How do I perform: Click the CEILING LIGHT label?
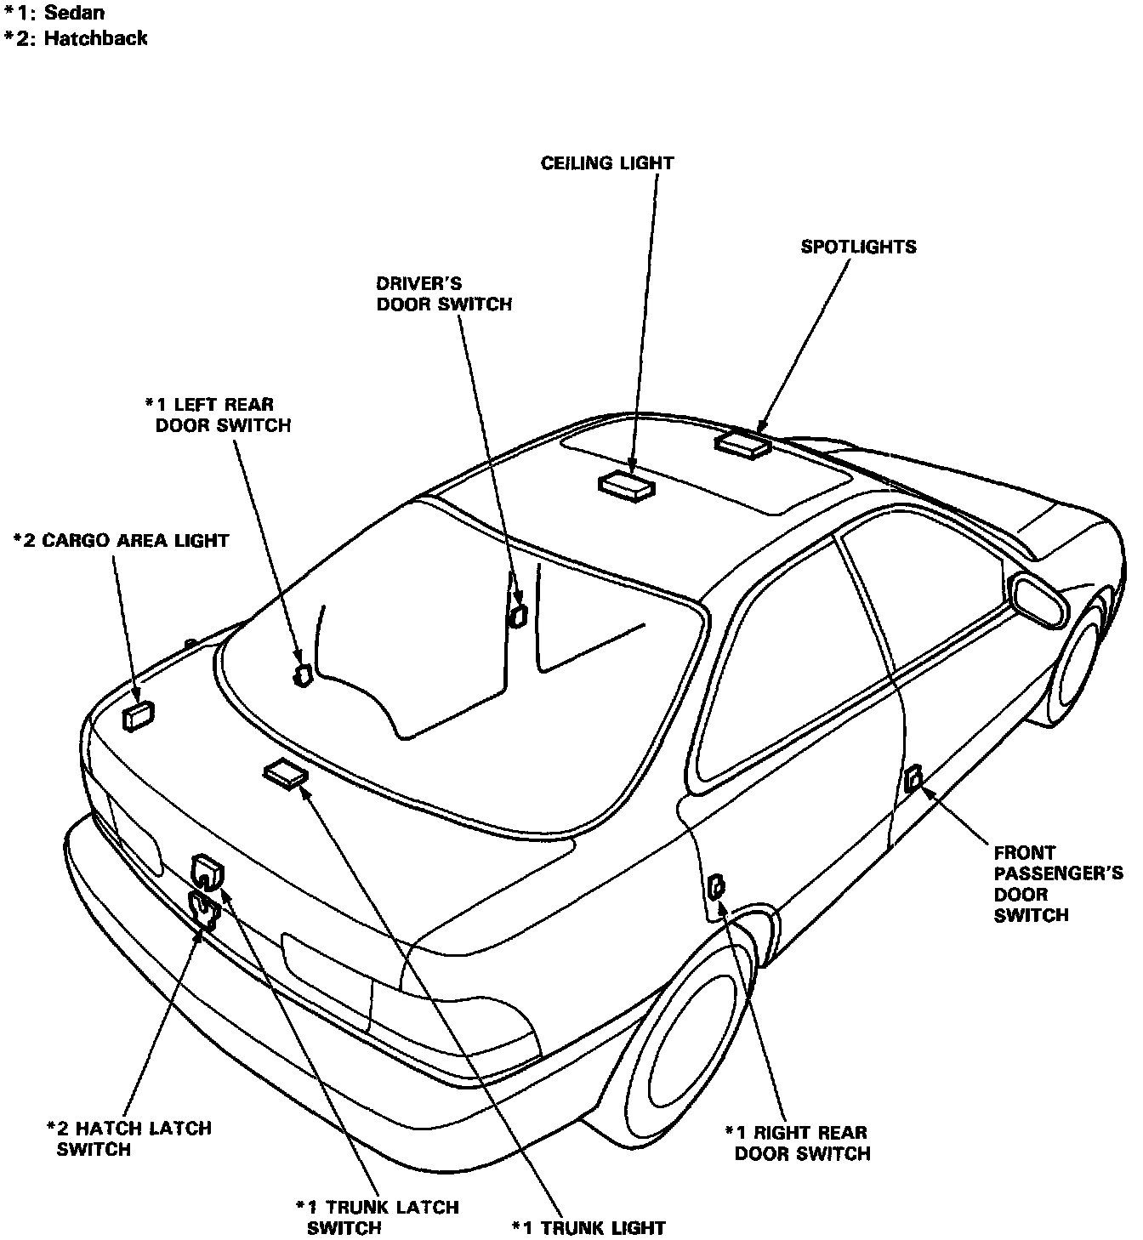tap(607, 162)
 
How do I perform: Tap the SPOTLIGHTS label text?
tap(858, 247)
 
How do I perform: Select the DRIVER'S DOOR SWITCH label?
tap(444, 293)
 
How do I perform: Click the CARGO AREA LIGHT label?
tap(122, 540)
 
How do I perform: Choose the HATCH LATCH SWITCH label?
tap(128, 1139)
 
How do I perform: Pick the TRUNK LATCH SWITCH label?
tap(378, 1217)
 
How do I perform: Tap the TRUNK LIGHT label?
tap(589, 1227)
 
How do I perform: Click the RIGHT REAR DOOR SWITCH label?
tap(796, 1143)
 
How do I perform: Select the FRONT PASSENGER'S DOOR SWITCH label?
tap(1058, 884)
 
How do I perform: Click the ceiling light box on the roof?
tap(627, 484)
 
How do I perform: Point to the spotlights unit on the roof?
tap(743, 443)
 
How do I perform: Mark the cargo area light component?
tap(139, 716)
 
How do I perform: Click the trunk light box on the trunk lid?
tap(285, 774)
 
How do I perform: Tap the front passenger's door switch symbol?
tap(913, 778)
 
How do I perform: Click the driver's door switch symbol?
tap(516, 616)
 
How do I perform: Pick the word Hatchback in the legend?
tap(95, 38)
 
